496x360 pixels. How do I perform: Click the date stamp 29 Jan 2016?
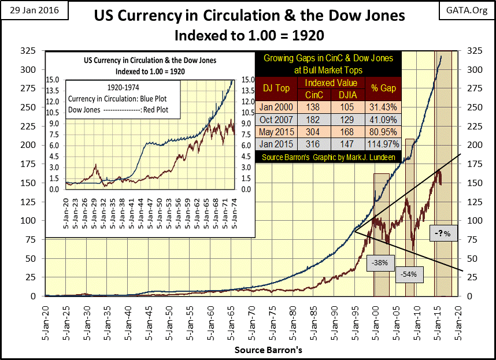tap(28, 11)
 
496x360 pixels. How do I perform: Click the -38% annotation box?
tap(381, 263)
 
